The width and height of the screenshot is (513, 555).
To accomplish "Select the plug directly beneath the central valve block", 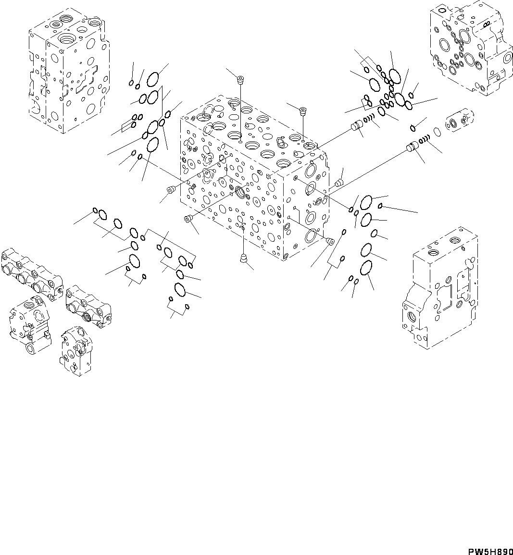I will point(244,259).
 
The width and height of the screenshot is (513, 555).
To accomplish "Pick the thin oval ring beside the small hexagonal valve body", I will point(436,132).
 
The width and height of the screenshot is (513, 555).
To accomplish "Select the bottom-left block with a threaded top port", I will point(30,322).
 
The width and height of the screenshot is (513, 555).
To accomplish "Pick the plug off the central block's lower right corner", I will point(330,241).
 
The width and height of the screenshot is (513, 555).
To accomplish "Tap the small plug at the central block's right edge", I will point(339,182).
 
